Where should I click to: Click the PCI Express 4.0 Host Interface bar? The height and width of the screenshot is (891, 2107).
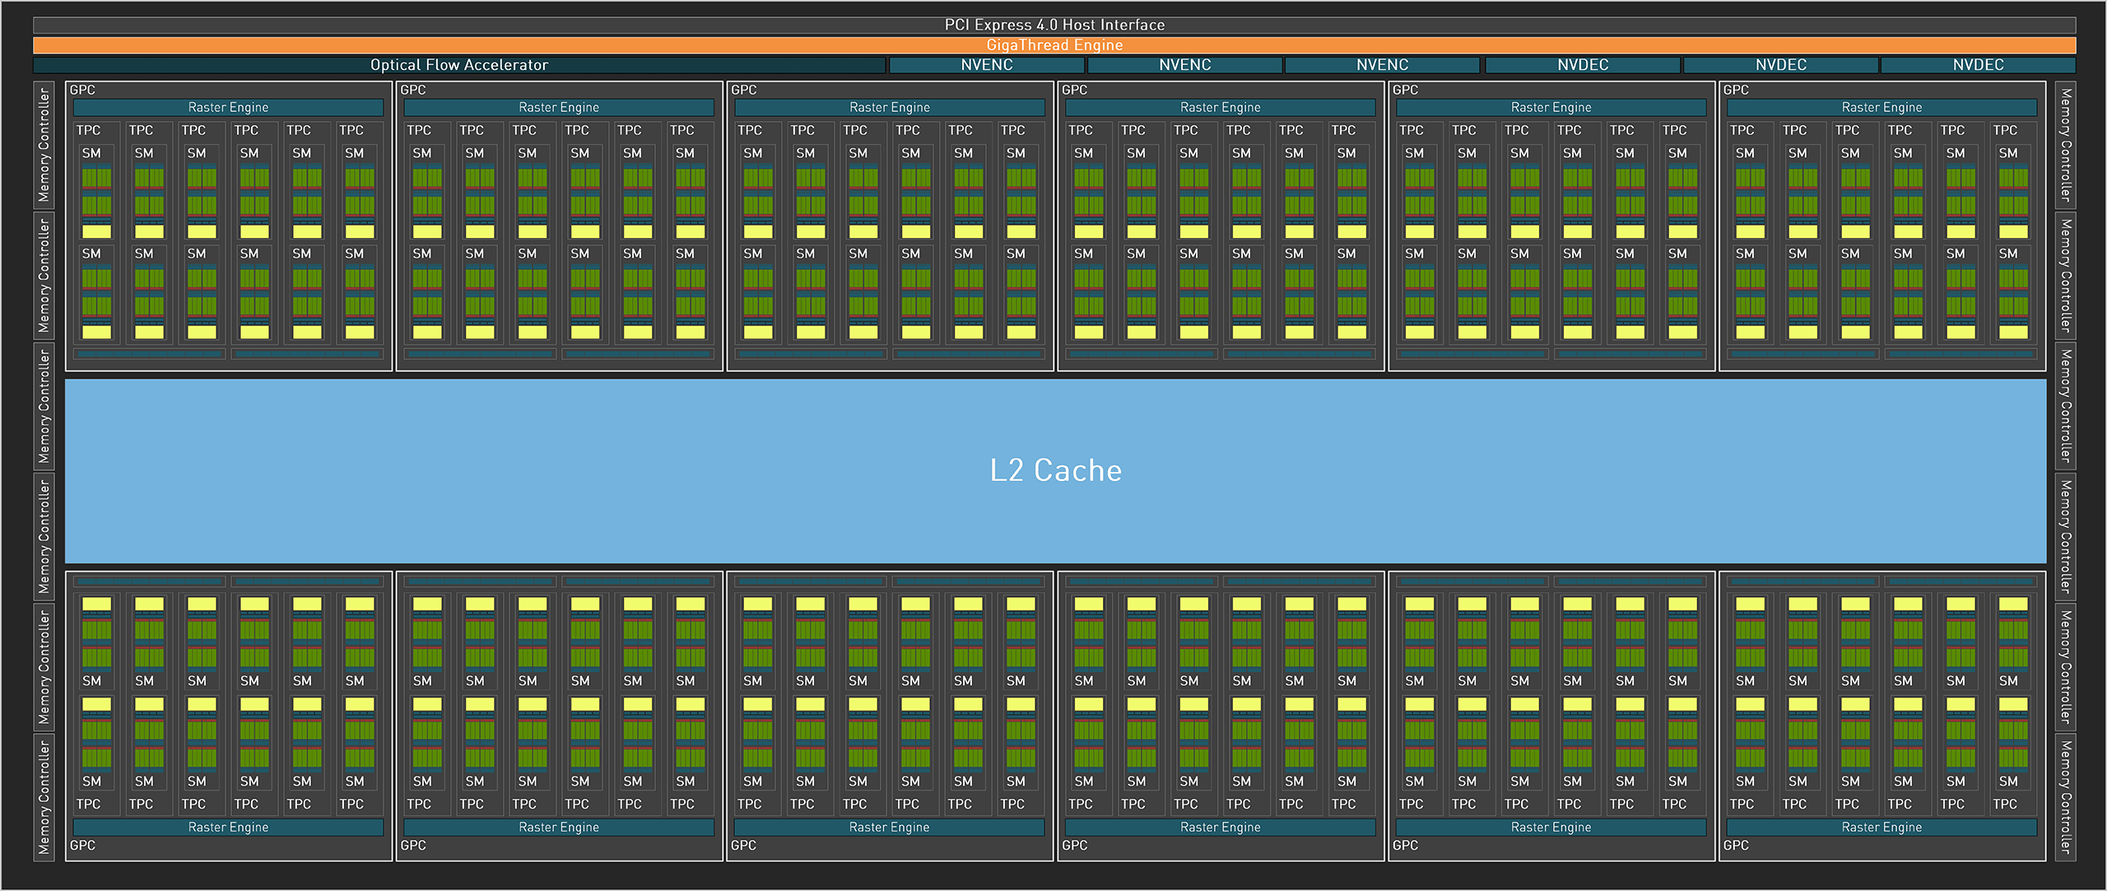tap(1054, 25)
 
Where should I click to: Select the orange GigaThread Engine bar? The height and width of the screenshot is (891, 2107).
tap(1054, 45)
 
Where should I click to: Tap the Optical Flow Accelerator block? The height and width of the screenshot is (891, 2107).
tap(459, 65)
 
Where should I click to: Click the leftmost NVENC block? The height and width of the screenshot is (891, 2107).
tap(987, 65)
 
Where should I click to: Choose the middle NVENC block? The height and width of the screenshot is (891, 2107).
tap(1185, 65)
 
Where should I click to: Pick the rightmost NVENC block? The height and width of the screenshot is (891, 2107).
tap(1383, 65)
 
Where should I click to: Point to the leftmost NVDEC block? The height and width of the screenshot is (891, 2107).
tap(1583, 65)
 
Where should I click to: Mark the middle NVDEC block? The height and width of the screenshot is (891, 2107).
tap(1781, 65)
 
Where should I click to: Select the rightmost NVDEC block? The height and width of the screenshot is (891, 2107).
tap(1979, 65)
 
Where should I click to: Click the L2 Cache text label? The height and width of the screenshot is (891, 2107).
tap(1056, 470)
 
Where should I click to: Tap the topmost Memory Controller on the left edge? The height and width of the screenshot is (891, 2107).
tap(44, 145)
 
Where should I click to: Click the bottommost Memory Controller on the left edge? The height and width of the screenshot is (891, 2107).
tap(44, 797)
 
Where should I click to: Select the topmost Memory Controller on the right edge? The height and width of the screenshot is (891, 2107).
tap(2066, 145)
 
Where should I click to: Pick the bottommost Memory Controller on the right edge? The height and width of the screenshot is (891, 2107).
tap(2066, 797)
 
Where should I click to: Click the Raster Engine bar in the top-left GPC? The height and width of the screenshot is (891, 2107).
tap(228, 108)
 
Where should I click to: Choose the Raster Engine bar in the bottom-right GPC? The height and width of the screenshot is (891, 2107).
tap(1881, 828)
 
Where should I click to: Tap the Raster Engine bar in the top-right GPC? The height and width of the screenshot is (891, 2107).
tap(1881, 108)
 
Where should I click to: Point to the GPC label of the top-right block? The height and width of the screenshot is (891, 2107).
tap(1736, 90)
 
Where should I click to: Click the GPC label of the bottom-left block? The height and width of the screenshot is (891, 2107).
tap(82, 846)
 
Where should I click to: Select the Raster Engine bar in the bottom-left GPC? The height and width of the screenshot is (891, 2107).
tap(228, 828)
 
